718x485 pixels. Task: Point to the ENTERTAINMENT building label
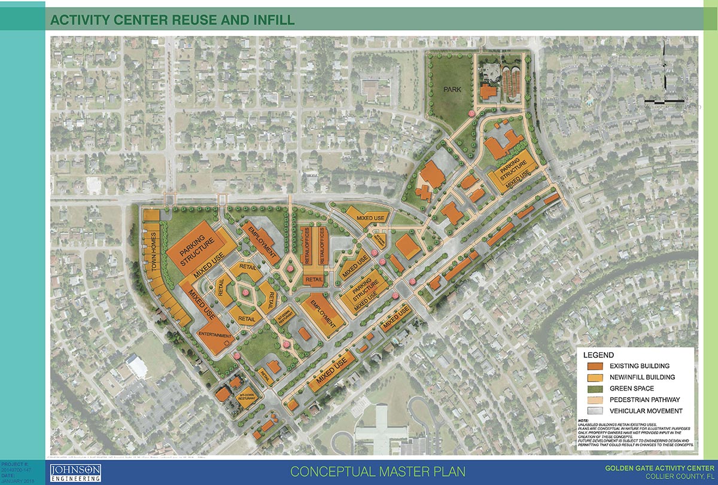click(x=214, y=336)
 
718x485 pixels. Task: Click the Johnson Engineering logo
click(x=75, y=471)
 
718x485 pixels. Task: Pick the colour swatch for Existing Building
click(x=595, y=366)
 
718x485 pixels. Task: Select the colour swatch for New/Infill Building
click(x=595, y=377)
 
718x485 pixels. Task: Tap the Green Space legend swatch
click(x=595, y=389)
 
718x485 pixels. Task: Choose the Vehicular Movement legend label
click(x=646, y=411)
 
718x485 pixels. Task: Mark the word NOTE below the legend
click(x=584, y=421)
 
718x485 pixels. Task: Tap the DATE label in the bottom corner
click(x=7, y=475)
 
